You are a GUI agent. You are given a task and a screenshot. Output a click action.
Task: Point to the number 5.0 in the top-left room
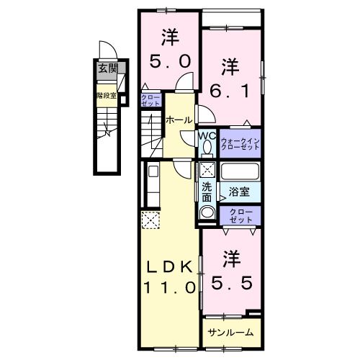pos(170,61)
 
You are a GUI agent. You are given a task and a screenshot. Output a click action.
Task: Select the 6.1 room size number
pos(230,91)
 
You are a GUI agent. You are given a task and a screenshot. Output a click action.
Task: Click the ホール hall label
pos(179,120)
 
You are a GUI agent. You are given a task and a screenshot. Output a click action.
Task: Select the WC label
pos(207,135)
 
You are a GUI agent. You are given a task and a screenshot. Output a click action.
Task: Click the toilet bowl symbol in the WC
pos(207,148)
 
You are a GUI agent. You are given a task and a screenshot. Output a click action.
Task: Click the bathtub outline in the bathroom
pos(240,173)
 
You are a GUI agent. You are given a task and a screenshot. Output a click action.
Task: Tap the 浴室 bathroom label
pos(239,192)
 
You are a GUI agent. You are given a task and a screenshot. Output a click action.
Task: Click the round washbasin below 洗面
pos(207,212)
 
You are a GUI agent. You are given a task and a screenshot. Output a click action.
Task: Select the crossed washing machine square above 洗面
pos(207,171)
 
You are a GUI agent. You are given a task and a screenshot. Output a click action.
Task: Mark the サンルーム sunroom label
pos(230,332)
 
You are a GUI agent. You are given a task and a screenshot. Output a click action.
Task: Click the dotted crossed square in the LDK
pos(150,220)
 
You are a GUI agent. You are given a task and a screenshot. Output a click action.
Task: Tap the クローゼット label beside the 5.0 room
pos(150,102)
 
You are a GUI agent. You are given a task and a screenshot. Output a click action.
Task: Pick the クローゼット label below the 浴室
pos(240,215)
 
